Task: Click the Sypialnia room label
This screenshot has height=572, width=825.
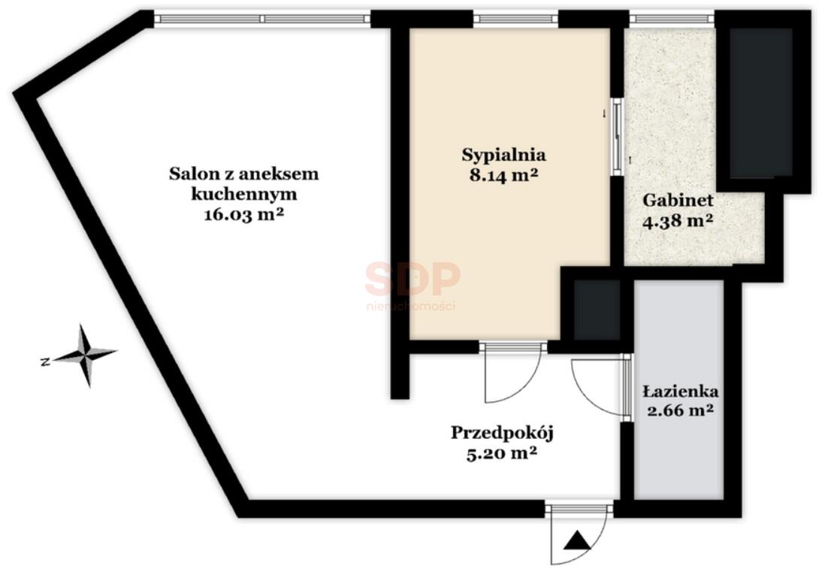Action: coord(503,155)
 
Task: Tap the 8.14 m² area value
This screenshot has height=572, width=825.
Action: coord(503,174)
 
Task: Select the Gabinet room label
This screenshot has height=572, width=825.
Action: coord(678,200)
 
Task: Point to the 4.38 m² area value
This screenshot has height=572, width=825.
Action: coord(678,220)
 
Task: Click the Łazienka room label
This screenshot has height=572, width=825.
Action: coord(681,391)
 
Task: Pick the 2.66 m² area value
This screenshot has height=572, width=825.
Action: coord(680,410)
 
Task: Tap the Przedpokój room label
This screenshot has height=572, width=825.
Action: coord(503,434)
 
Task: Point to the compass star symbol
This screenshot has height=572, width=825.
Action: coord(85,356)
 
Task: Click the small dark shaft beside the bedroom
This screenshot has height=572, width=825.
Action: coord(597,310)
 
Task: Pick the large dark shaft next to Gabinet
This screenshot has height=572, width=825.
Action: coord(761,103)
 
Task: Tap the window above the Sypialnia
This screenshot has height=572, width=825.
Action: coord(515,20)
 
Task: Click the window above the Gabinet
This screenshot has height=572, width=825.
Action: coord(672,20)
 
